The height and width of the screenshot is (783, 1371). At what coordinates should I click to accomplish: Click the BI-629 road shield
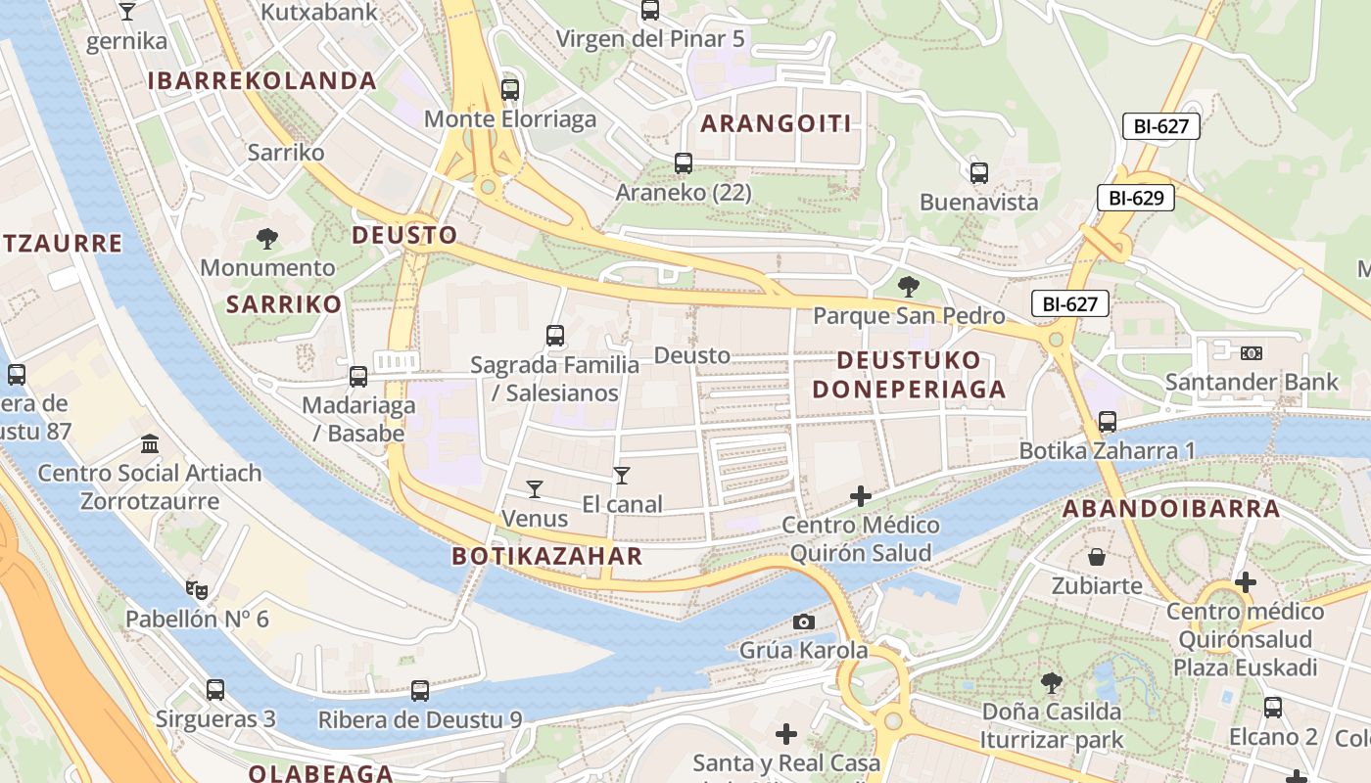[1135, 198]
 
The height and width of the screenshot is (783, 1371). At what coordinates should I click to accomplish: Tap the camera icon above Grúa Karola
[803, 622]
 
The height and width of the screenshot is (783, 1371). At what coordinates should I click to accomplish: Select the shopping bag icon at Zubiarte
[1097, 557]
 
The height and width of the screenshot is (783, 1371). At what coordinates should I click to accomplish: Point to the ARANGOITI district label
[776, 123]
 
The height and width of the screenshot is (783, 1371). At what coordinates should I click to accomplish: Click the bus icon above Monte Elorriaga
[509, 90]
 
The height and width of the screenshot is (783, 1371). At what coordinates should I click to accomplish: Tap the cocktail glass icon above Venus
[534, 488]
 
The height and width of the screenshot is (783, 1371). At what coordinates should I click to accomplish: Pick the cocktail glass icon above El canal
[621, 476]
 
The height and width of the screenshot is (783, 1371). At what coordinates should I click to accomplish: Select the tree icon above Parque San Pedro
[909, 287]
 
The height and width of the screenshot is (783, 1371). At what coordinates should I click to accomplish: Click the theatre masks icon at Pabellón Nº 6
[197, 589]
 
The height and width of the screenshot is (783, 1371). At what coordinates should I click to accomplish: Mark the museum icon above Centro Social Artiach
[150, 444]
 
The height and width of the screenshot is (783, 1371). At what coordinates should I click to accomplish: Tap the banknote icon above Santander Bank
[1251, 353]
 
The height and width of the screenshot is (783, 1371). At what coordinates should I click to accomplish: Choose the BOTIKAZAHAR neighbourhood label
[546, 557]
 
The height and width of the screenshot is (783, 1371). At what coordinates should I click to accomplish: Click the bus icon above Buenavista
[978, 173]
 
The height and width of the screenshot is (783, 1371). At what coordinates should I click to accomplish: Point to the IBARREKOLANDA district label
[262, 81]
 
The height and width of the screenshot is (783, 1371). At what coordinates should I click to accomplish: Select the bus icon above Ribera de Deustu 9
[420, 691]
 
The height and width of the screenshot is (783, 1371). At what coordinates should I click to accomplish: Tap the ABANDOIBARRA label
[1171, 509]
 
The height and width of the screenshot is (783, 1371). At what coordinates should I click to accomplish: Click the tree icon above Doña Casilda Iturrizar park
[1052, 682]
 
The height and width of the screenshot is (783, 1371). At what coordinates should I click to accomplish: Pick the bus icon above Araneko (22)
[683, 163]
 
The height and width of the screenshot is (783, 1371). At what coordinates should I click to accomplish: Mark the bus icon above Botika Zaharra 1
[1107, 422]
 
